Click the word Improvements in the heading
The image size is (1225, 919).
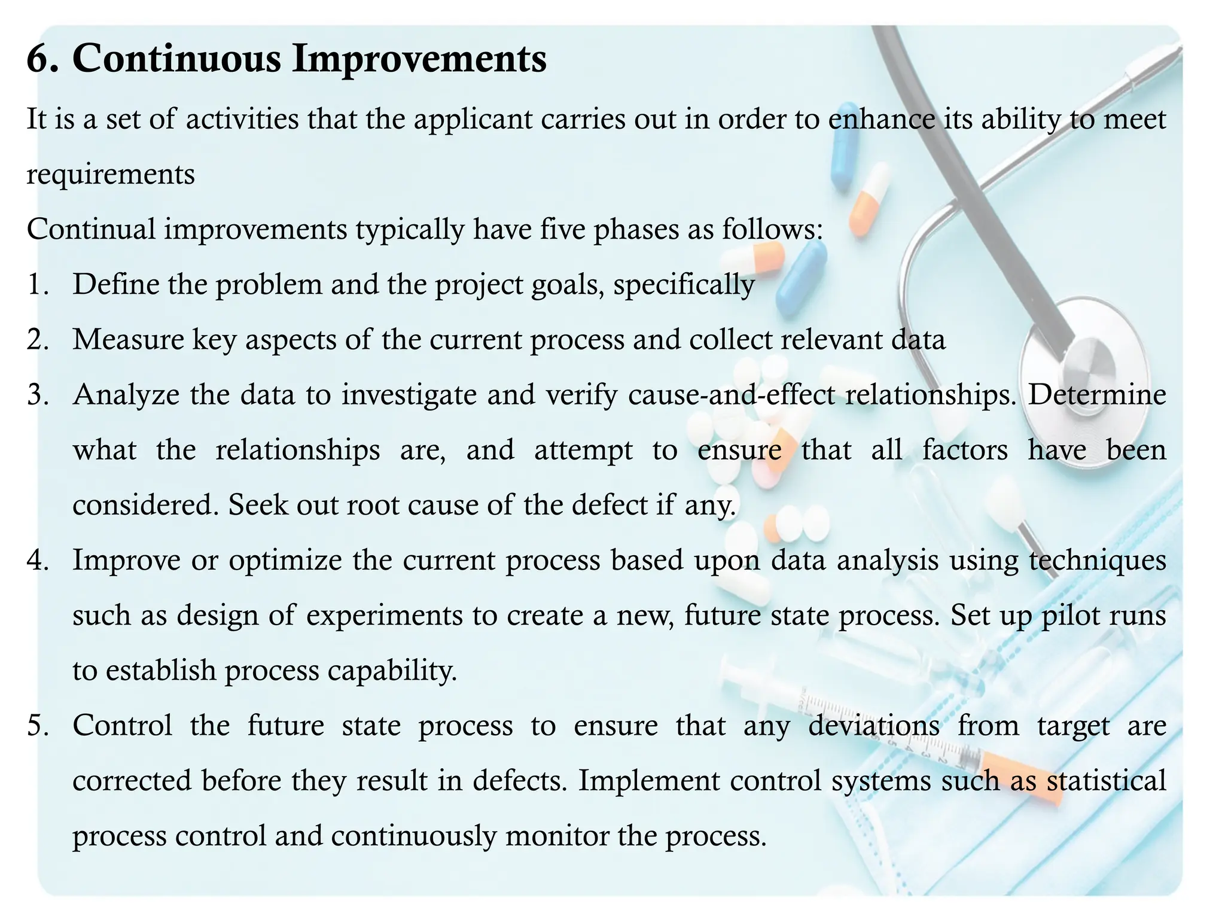[419, 60]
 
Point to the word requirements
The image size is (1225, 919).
[111, 175]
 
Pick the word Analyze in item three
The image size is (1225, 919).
[126, 395]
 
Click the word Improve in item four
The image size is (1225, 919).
[126, 561]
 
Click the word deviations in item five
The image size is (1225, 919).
[874, 726]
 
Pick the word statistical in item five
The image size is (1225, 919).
[1106, 781]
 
